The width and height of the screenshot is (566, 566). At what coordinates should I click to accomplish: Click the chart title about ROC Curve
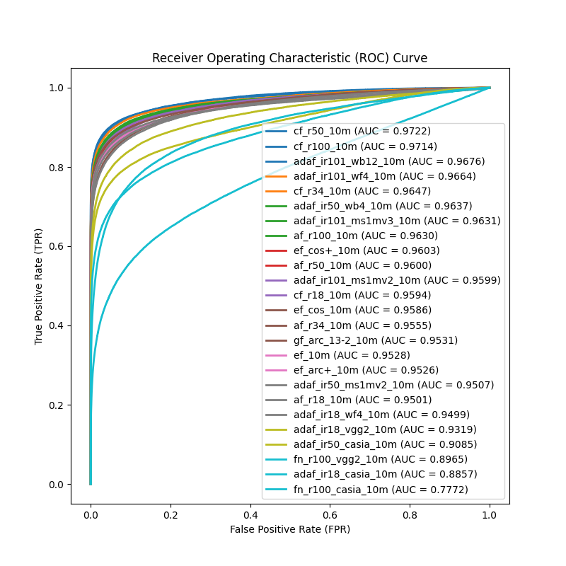pyautogui.click(x=289, y=58)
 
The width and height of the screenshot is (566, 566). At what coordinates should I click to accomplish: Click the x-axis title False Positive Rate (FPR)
pyautogui.click(x=289, y=529)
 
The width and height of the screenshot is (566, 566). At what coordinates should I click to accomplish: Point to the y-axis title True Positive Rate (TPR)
pyautogui.click(x=39, y=286)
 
